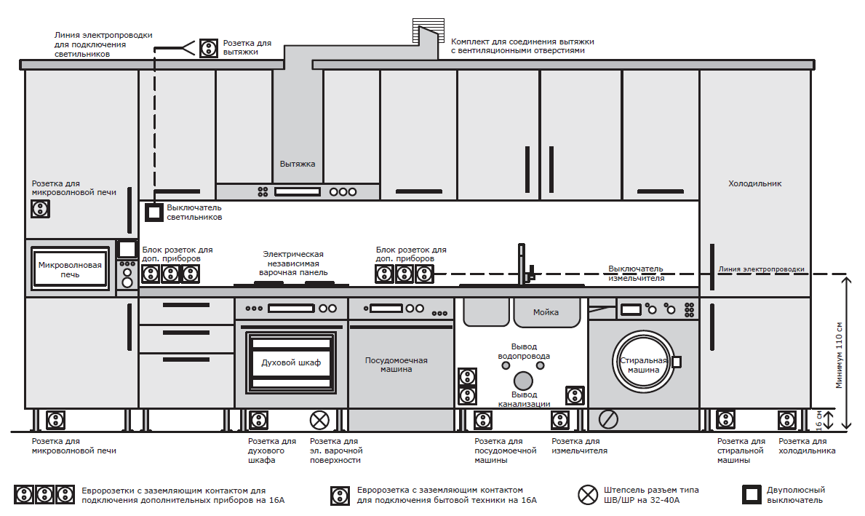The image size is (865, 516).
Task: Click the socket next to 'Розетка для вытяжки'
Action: tap(209, 48)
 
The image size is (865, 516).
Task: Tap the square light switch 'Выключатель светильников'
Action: tap(154, 213)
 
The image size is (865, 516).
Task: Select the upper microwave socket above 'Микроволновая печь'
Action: tap(41, 209)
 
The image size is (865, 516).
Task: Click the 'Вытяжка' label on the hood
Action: tap(298, 164)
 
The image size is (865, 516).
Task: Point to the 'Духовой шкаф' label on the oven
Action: tap(291, 362)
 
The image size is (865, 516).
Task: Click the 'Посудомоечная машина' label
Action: tap(396, 365)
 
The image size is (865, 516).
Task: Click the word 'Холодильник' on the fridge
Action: tap(754, 184)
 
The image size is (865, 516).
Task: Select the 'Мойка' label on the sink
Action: tap(546, 312)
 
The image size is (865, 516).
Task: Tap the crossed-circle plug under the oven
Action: tap(319, 420)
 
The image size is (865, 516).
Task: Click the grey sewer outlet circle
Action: tap(522, 381)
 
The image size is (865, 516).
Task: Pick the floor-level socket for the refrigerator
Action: tap(787, 420)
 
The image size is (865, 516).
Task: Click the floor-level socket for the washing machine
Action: tap(725, 420)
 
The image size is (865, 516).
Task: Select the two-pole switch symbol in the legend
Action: tap(752, 494)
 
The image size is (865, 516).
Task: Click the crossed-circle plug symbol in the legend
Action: tap(588, 495)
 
